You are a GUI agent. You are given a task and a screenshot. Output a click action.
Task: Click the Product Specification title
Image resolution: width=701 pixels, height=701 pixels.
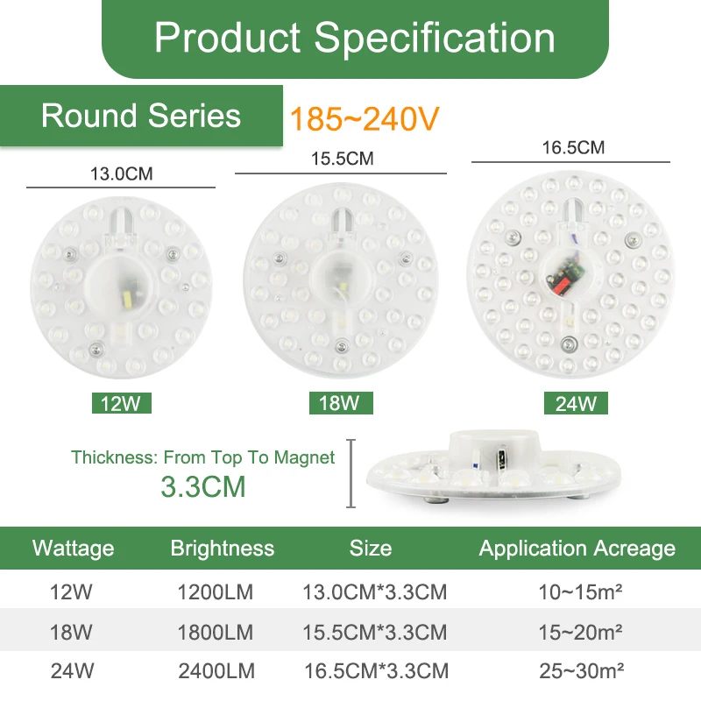(x=355, y=38)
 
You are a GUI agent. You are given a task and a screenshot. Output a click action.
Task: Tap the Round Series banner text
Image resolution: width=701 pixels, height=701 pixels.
(x=141, y=116)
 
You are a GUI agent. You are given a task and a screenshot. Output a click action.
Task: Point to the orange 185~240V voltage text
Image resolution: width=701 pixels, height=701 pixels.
(x=365, y=118)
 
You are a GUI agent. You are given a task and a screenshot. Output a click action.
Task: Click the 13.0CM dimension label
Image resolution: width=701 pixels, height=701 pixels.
(x=122, y=173)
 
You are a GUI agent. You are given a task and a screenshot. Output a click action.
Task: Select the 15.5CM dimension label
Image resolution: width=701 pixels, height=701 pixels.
(x=342, y=159)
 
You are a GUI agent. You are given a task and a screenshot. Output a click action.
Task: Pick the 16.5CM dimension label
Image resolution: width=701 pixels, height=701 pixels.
(x=573, y=147)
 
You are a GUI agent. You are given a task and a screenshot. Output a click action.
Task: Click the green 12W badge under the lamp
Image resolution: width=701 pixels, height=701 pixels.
(x=122, y=403)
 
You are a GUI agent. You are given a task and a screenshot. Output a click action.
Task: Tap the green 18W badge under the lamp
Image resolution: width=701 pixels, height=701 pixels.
(x=341, y=403)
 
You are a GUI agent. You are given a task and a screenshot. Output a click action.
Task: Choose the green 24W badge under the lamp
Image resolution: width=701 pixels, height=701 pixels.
(x=576, y=403)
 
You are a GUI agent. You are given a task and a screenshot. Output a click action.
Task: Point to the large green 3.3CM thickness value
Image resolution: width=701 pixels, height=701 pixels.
(x=203, y=486)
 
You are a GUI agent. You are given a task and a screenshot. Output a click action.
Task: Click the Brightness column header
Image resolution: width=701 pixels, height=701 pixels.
(x=223, y=549)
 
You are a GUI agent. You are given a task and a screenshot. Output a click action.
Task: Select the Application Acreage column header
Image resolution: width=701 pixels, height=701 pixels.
(x=577, y=549)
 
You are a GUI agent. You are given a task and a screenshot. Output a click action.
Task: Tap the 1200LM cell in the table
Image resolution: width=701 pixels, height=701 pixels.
(x=216, y=592)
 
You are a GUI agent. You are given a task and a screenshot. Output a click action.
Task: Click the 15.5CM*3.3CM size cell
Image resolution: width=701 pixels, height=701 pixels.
(x=375, y=632)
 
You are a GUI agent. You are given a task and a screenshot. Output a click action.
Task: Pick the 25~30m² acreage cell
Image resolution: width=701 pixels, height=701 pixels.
(x=581, y=670)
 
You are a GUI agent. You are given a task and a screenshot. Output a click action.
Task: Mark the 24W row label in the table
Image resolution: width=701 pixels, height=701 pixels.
(x=72, y=671)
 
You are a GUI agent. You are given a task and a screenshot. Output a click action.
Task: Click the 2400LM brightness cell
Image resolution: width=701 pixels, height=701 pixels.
(x=216, y=671)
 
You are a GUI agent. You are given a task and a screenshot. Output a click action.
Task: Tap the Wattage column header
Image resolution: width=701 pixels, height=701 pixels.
(x=74, y=549)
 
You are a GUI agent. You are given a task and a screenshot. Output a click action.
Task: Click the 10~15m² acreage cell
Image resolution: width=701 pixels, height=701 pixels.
(x=580, y=592)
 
